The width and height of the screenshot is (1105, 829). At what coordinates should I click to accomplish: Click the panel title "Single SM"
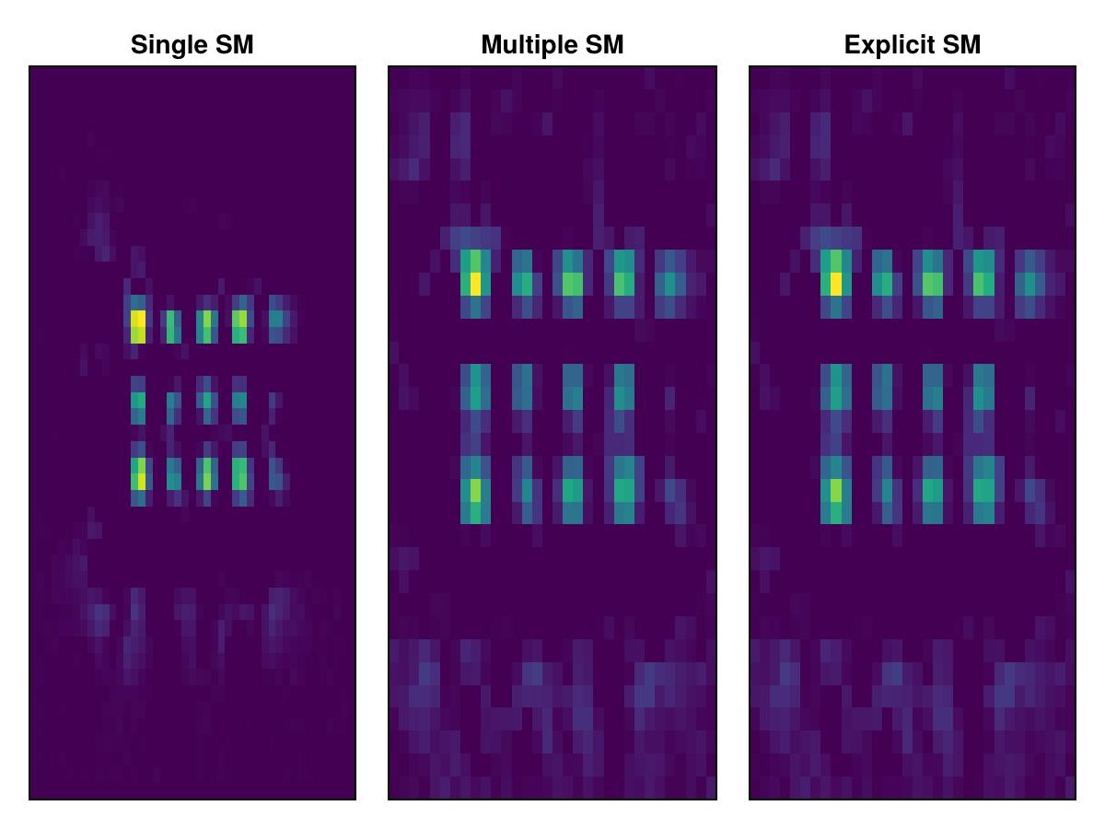192,44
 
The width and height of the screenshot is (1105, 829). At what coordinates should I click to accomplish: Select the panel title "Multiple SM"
552,44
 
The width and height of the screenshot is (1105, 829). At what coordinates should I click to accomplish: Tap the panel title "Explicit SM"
912,44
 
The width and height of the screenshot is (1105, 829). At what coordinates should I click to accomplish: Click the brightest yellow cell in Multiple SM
475,284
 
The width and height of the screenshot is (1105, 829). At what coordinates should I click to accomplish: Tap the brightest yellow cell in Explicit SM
835,284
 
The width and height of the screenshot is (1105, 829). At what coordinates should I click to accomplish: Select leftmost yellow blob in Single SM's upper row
138,325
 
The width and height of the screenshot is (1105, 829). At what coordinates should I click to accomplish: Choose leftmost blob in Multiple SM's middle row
475,392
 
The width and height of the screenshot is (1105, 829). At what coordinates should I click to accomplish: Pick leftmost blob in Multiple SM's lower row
475,490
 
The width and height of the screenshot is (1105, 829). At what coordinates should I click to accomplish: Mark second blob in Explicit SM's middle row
882,391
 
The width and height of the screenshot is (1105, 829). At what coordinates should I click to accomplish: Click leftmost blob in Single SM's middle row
138,401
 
